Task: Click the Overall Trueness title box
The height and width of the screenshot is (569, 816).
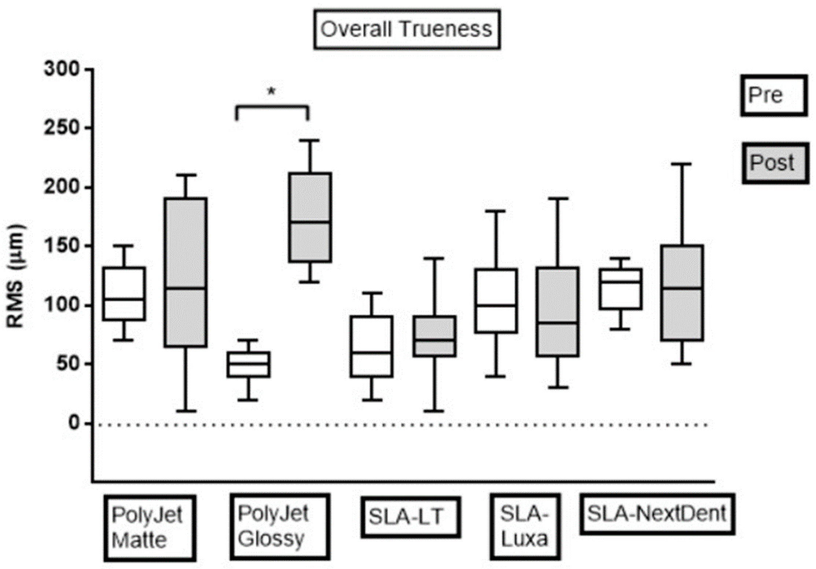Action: [407, 29]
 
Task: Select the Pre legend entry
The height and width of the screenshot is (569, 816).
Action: [773, 95]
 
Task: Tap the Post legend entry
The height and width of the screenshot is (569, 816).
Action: [775, 163]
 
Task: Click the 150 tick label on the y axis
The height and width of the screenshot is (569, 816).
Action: [62, 246]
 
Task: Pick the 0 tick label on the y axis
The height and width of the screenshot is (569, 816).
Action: [74, 423]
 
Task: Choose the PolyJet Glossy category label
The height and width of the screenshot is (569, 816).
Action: [280, 527]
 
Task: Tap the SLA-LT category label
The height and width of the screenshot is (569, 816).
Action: [410, 517]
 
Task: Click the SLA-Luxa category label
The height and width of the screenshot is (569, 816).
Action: [525, 527]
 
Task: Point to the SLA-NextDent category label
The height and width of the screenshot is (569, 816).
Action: [657, 514]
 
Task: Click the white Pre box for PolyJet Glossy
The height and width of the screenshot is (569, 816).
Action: [248, 364]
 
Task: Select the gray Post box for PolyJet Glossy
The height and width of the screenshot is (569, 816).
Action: [310, 217]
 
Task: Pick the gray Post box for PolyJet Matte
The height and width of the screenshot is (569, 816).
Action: [186, 272]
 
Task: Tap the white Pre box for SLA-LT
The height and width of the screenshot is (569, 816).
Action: [372, 346]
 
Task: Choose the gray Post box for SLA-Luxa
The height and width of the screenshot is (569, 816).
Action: [558, 312]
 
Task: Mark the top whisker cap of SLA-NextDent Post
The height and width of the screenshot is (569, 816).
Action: [682, 164]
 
